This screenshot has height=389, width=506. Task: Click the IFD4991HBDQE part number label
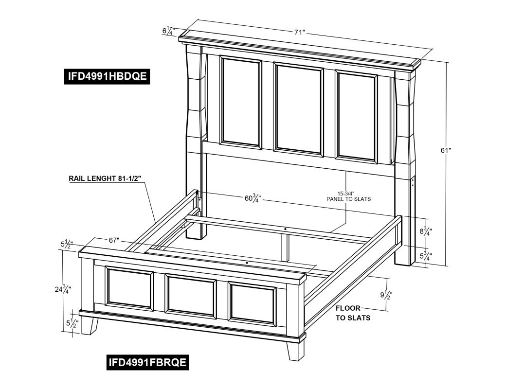(x=107, y=76)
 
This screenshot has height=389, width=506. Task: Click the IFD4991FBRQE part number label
(x=148, y=363)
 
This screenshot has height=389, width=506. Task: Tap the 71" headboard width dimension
(x=299, y=32)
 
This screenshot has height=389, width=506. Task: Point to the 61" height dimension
(x=446, y=150)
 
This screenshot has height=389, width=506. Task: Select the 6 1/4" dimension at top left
(x=168, y=31)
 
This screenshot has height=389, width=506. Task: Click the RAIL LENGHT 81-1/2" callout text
(x=105, y=178)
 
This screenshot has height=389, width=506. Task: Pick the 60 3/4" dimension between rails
(x=253, y=198)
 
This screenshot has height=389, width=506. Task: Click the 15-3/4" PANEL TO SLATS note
(x=348, y=196)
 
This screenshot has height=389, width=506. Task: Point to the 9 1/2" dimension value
(x=386, y=295)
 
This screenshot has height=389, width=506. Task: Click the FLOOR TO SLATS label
(x=353, y=313)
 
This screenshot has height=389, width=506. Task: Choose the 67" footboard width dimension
(x=114, y=240)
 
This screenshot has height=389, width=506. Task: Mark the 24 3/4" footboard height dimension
(x=63, y=289)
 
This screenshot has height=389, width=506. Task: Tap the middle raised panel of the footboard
(x=190, y=296)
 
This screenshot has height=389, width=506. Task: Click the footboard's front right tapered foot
(x=296, y=351)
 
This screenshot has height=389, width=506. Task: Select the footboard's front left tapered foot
(x=90, y=326)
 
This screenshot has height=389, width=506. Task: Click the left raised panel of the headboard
(x=241, y=102)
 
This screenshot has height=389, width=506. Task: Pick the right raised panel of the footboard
(x=252, y=303)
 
